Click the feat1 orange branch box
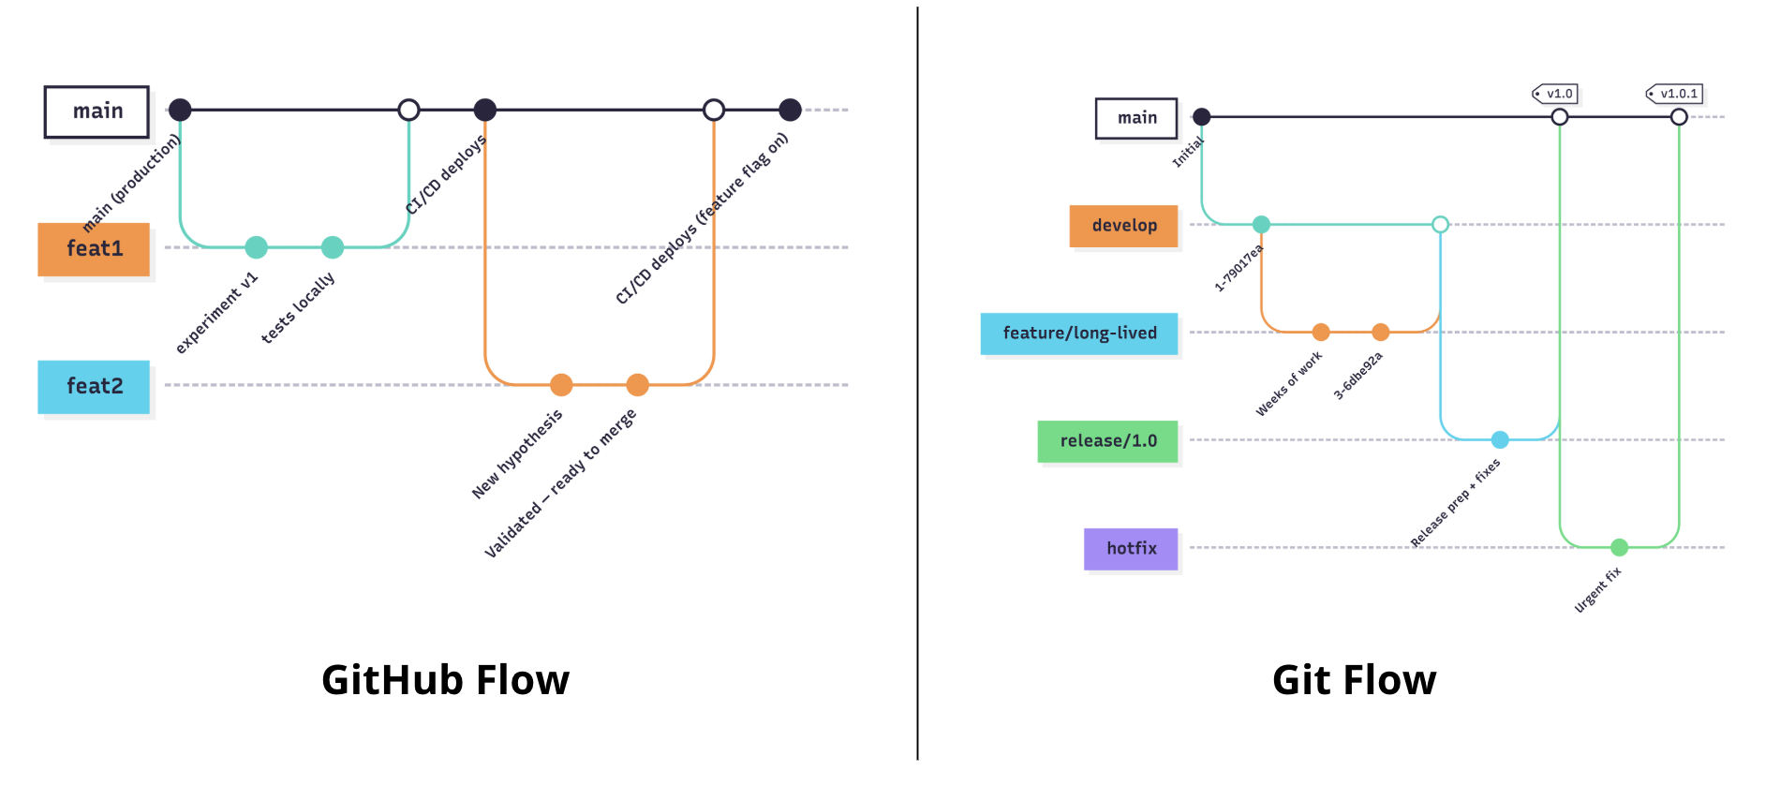click(x=94, y=249)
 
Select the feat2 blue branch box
click(x=94, y=386)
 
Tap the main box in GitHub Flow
click(x=96, y=111)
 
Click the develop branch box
click(x=1123, y=226)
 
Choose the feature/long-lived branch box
click(x=1078, y=333)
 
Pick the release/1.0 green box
click(x=1107, y=441)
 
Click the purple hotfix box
click(x=1131, y=549)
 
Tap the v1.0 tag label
click(x=1556, y=94)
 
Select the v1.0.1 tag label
click(x=1676, y=94)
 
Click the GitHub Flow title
click(x=445, y=680)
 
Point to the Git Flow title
click(x=1354, y=680)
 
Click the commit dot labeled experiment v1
click(x=256, y=247)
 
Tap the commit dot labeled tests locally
click(x=333, y=247)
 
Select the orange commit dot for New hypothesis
click(x=561, y=385)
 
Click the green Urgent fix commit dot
click(x=1619, y=547)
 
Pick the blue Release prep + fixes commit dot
click(x=1500, y=439)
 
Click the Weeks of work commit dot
click(x=1321, y=332)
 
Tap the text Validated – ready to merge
click(x=559, y=483)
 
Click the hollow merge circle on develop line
click(x=1441, y=225)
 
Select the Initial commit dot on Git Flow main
click(x=1202, y=117)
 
